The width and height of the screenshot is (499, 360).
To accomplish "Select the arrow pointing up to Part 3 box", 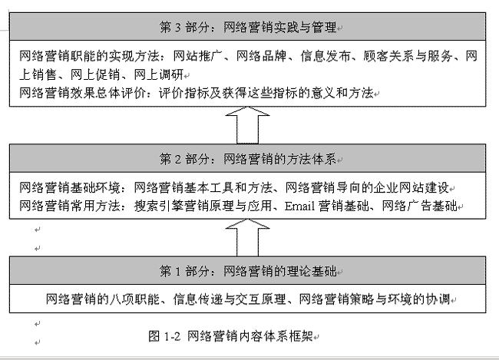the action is point(248,125).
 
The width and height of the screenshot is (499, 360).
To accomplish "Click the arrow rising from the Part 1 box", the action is point(248,237).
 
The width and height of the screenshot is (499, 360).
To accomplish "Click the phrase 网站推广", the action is point(197,56).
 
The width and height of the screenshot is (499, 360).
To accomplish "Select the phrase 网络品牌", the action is point(261,56).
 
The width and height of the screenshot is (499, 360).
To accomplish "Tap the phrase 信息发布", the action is point(325,56).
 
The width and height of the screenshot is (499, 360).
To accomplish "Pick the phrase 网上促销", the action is point(95,74).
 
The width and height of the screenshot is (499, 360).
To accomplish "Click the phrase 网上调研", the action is point(158,74).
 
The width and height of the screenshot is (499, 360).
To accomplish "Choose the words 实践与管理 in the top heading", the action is point(305,28).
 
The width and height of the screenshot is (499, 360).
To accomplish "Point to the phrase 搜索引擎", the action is point(158,206).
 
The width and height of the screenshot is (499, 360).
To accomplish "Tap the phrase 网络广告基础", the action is point(419,206).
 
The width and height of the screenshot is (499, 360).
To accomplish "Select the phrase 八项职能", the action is point(134,299).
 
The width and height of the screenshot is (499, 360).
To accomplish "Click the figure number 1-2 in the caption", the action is point(173,336).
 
